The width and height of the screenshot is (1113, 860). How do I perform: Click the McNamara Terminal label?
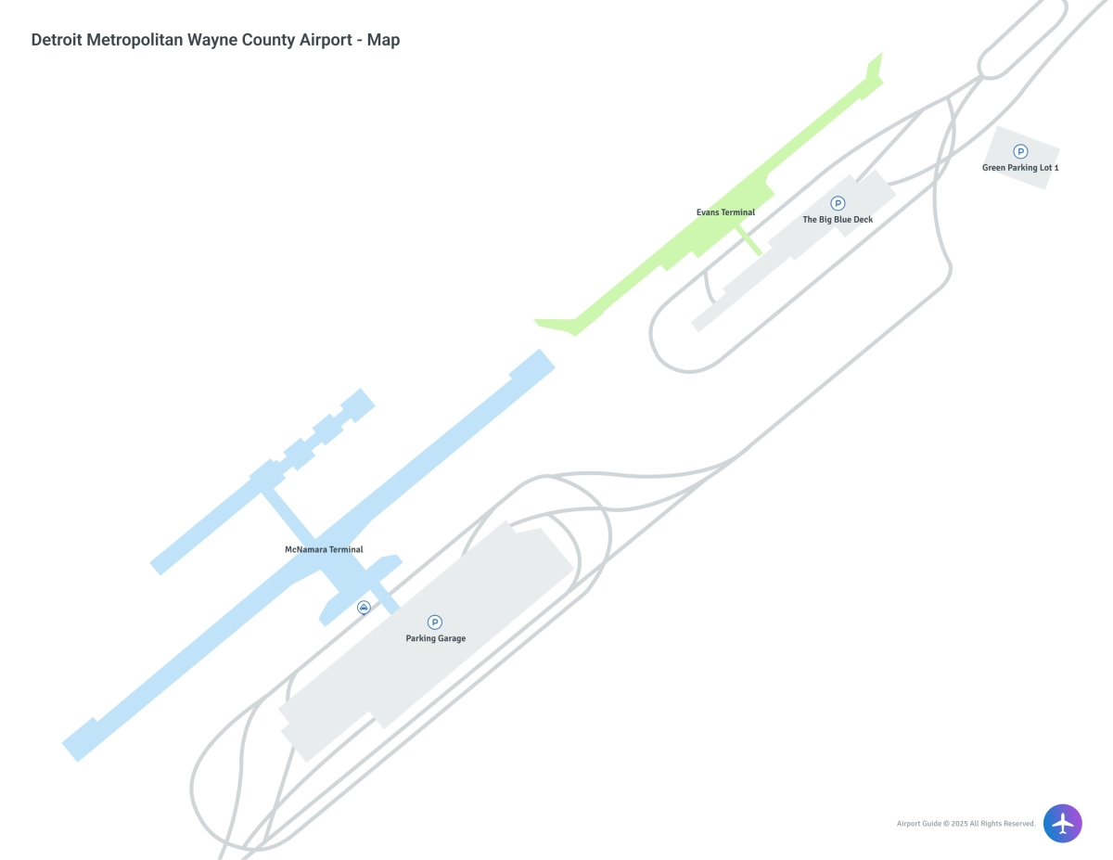point(323,549)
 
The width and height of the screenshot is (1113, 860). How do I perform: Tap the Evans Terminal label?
point(725,212)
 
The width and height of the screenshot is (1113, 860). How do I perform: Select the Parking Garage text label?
point(435,638)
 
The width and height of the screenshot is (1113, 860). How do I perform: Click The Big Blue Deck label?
point(837,220)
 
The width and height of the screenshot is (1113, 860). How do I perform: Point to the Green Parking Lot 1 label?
point(1020,168)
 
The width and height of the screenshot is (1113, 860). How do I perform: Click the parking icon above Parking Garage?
point(435,622)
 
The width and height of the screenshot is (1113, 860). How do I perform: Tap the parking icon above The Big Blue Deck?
point(838,203)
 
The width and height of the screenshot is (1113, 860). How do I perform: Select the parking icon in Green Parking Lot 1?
point(1020,151)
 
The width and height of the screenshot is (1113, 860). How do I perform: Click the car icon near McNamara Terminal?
point(364,608)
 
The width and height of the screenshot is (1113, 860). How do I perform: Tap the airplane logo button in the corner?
point(1062,823)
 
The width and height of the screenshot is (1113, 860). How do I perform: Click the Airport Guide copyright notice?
point(965,824)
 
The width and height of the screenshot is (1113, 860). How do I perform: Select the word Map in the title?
point(383,40)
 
